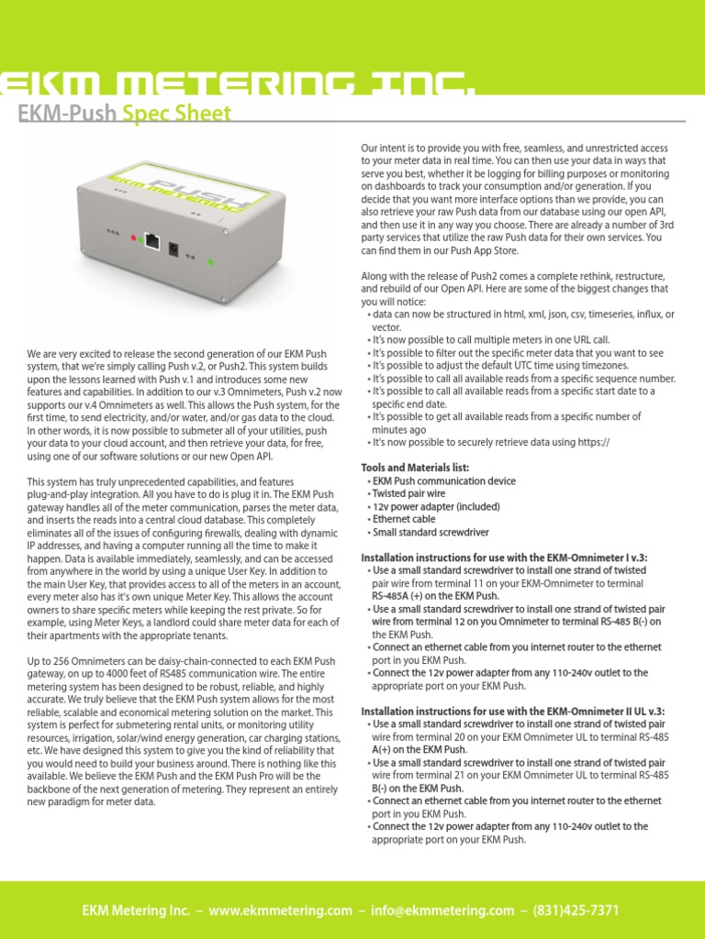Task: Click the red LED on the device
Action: click(134, 239)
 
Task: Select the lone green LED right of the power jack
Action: click(210, 262)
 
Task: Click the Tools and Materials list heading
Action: click(415, 468)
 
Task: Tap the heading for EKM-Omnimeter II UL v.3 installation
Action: click(512, 711)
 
